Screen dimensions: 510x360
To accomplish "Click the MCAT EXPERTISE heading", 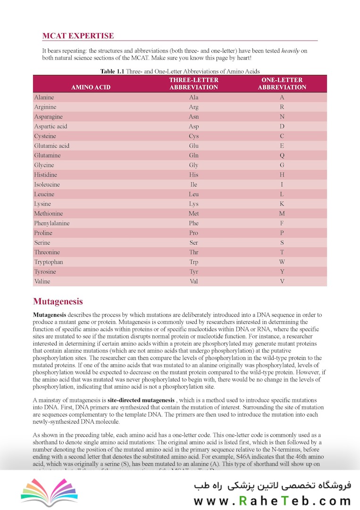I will pyautogui.click(x=78, y=36).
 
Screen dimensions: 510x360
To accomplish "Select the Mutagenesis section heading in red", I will pyautogui.click(x=58, y=301).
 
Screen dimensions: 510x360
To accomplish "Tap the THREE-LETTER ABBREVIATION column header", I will pyautogui.click(x=193, y=84).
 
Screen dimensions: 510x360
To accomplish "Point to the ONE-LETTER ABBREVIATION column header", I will pyautogui.click(x=282, y=84).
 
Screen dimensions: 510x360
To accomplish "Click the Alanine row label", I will pyautogui.click(x=44, y=97).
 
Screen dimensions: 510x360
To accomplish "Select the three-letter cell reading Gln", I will pyautogui.click(x=193, y=155).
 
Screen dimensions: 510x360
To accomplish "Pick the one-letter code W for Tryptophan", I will pyautogui.click(x=282, y=262).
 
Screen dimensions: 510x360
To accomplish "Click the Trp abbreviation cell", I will pyautogui.click(x=193, y=262).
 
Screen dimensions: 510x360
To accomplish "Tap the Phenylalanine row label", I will pyautogui.click(x=51, y=223).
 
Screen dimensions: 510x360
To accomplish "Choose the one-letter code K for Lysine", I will pyautogui.click(x=282, y=204).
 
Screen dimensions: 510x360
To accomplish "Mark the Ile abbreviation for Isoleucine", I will pyautogui.click(x=193, y=185).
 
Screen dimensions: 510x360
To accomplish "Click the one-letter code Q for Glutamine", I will pyautogui.click(x=282, y=155).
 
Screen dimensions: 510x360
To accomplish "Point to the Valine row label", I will pyautogui.click(x=42, y=281).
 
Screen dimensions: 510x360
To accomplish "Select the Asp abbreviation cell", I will pyautogui.click(x=193, y=127).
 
